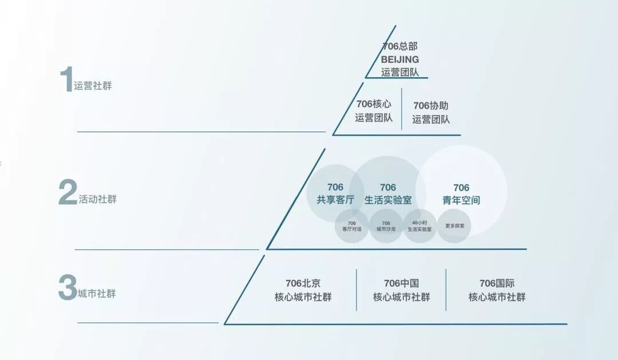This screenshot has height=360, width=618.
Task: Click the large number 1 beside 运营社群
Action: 66,80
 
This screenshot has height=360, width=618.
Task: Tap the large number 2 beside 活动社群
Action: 68,192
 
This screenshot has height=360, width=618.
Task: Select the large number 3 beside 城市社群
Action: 67,288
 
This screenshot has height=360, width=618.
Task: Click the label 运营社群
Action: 93,86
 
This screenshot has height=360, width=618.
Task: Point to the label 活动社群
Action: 97,200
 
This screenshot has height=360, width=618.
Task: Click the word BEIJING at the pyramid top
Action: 400,59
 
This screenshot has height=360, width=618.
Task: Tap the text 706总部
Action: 400,46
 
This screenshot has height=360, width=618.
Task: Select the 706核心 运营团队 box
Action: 374,111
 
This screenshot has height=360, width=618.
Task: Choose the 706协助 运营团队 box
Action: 431,112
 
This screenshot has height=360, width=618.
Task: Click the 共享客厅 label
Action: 335,200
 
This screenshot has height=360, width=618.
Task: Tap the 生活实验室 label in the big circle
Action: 388,200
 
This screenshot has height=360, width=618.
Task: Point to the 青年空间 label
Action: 461,200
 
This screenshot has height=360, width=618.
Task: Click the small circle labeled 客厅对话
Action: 352,226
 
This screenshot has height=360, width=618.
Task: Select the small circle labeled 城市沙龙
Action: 386,226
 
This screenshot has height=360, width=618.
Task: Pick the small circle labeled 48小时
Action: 420,226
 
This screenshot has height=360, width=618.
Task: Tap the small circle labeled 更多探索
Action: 454,226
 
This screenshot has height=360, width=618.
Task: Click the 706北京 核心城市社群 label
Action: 303,290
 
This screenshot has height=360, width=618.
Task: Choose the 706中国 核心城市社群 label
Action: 401,290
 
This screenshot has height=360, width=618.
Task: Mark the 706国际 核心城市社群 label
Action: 497,290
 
